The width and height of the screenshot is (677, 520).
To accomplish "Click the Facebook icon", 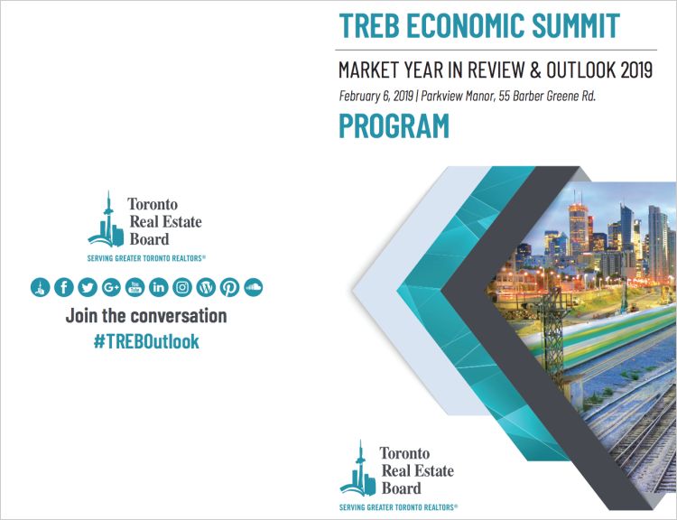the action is pos(64,287).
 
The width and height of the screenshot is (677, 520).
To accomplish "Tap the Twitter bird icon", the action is pos(88,287).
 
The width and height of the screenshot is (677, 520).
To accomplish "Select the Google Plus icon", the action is pos(111,287).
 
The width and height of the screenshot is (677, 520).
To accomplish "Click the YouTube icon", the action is pos(135,287).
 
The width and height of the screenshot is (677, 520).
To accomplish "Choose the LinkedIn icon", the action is pos(159,287).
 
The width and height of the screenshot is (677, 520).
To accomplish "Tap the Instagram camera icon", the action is pos(182,287).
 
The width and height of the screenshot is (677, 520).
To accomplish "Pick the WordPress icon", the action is pos(206,287).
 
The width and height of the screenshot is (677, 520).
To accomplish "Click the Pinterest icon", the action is pos(229,287).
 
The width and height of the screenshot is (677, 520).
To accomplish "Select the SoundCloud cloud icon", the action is pos(254,287).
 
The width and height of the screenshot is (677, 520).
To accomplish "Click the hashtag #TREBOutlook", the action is pos(146,341).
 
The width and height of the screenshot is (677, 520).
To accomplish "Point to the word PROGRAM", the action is pos(394,126).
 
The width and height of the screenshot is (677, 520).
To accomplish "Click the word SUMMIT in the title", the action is pos(576,25).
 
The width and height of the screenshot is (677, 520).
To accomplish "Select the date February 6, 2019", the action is pos(376,96).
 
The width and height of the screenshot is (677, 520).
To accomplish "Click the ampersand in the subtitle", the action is pos(535,70).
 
